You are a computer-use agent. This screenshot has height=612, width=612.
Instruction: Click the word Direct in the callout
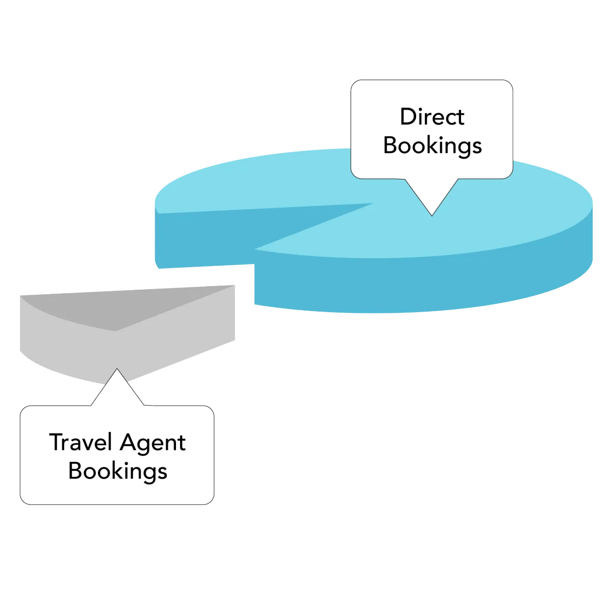click(x=432, y=117)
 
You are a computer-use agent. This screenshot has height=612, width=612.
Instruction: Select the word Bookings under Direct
click(x=432, y=145)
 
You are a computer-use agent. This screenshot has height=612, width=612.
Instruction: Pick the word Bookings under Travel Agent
click(x=118, y=471)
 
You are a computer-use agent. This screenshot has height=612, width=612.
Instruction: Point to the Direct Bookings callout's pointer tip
click(x=432, y=215)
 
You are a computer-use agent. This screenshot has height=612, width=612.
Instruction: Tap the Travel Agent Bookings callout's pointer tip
click(x=117, y=369)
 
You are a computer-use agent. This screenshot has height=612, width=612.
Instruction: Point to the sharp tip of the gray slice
click(x=234, y=285)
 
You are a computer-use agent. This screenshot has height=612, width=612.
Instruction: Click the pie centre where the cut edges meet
click(x=372, y=204)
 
